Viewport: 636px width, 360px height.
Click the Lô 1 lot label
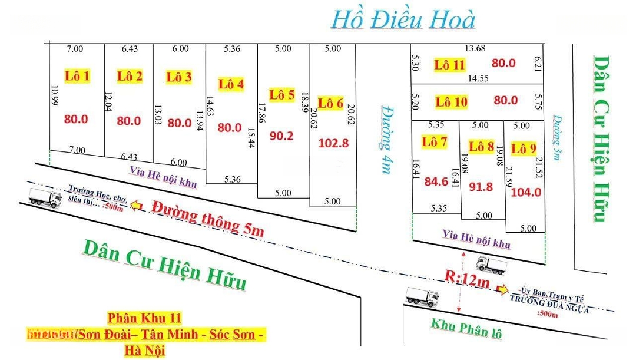coord(77,75)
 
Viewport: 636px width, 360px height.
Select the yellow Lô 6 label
coord(330,103)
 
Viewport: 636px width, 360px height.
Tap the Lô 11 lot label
coord(450,65)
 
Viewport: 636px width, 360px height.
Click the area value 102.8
coord(333,143)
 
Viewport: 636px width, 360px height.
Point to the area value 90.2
coord(281,136)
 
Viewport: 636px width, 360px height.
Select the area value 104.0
coord(526,191)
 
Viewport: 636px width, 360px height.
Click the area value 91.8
coord(481,187)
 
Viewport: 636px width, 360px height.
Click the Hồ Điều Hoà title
coord(403,20)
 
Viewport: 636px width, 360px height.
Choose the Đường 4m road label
coord(386,139)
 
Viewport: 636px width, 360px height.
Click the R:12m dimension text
coord(467,279)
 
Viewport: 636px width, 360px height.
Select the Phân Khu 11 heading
coord(144,318)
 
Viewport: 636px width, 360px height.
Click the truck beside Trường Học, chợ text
coord(45,199)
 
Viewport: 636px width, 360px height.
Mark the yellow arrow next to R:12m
coord(502,289)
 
